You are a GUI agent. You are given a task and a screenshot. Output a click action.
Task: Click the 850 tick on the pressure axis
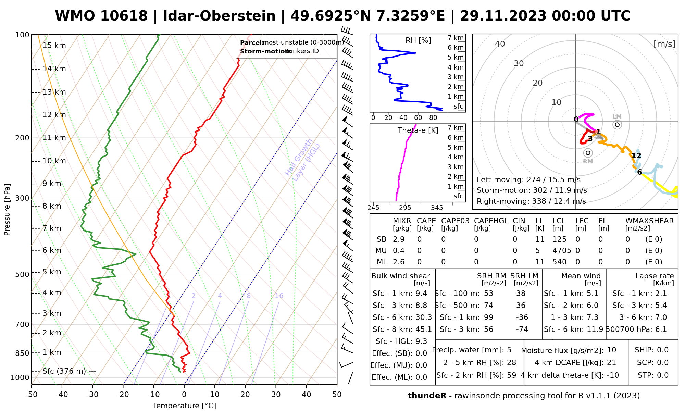tap(22, 353)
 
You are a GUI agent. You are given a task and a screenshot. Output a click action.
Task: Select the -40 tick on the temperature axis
tap(62, 395)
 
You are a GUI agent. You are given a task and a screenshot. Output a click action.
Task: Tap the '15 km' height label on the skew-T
tap(54, 46)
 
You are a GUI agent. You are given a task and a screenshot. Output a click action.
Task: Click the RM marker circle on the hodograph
tap(588, 153)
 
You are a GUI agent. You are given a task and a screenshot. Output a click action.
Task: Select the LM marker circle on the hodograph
tap(617, 125)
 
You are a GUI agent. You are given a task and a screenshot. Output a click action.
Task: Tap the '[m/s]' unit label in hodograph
tap(664, 44)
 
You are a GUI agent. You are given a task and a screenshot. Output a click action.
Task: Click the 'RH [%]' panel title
tap(418, 40)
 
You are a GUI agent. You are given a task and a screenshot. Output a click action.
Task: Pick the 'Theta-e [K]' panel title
tap(418, 130)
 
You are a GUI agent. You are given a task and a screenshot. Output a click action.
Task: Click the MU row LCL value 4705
tap(562, 251)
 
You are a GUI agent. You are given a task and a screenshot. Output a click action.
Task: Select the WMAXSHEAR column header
tap(649, 221)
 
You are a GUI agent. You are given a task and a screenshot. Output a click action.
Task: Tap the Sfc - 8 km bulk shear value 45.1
tap(424, 329)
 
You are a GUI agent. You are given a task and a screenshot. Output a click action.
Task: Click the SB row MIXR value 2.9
tap(399, 239)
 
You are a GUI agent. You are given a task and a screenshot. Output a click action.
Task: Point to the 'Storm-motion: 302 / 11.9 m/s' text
tap(532, 190)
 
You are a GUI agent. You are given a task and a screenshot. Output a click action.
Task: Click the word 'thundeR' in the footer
tap(427, 396)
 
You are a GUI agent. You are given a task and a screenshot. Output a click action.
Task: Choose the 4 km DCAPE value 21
tap(611, 363)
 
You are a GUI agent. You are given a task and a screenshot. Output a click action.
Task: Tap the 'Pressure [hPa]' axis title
tap(7, 210)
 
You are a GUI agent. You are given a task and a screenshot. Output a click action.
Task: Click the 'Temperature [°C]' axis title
tap(184, 406)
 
